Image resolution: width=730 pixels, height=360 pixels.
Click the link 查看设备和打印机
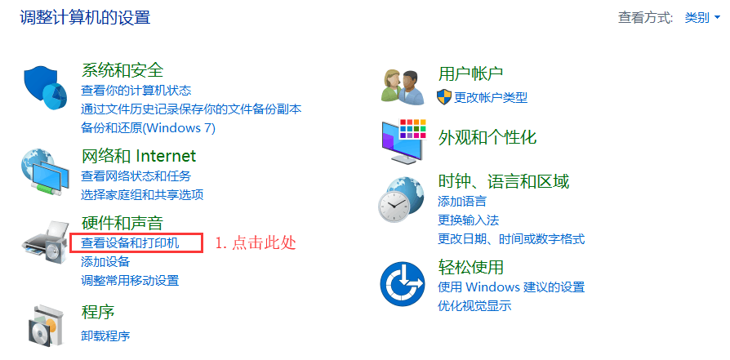130,243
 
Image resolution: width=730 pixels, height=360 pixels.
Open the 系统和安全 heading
122,70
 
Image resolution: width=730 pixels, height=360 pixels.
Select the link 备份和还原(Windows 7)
148,128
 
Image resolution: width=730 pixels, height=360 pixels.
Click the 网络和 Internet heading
139,156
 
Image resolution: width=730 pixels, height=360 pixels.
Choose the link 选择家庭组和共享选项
142,194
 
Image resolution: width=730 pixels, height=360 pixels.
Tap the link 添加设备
105,262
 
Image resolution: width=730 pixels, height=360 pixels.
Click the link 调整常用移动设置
130,281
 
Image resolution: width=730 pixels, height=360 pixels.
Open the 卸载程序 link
105,336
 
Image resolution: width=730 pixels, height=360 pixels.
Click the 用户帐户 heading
470,73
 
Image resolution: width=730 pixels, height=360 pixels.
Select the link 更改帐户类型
491,98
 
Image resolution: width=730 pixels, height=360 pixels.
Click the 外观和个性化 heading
487,137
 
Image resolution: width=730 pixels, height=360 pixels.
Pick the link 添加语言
462,201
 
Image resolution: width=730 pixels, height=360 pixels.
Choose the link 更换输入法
469,220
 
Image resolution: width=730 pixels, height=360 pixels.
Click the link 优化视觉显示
474,306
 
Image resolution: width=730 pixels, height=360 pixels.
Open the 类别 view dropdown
702,18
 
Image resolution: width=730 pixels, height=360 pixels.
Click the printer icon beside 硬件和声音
46,243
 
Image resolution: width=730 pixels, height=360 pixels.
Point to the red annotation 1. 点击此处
256,243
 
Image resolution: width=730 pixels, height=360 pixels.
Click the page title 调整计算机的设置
85,18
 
